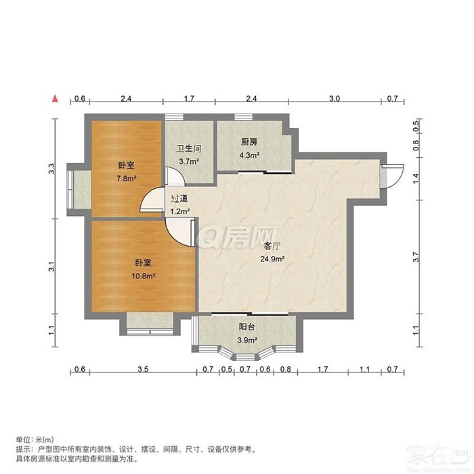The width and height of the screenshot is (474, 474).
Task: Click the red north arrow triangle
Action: tap(55, 98)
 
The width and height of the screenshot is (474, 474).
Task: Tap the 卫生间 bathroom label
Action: tap(189, 149)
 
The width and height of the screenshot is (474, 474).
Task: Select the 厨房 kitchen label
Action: tap(249, 142)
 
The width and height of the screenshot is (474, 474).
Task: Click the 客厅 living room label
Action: tap(272, 246)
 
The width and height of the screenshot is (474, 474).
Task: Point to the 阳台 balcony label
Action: tap(246, 327)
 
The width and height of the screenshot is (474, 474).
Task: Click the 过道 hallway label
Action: tap(179, 198)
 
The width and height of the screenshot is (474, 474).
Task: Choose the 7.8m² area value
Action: tap(127, 178)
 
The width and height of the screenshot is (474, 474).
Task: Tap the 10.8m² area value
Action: tap(144, 276)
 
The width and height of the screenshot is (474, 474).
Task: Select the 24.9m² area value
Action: tap(272, 259)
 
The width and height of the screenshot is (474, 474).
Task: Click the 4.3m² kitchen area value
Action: tap(249, 155)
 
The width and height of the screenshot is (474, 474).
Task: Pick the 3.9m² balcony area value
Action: tap(247, 340)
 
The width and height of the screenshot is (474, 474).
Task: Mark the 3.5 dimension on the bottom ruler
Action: tap(143, 369)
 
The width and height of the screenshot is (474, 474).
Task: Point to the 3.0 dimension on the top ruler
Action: tap(335, 99)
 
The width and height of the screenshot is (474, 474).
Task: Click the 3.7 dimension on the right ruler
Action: tap(416, 257)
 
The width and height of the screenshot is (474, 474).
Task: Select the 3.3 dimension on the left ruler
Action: tap(52, 169)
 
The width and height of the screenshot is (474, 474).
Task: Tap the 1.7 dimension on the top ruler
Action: tap(189, 99)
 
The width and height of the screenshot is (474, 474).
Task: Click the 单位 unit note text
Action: tap(35, 439)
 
